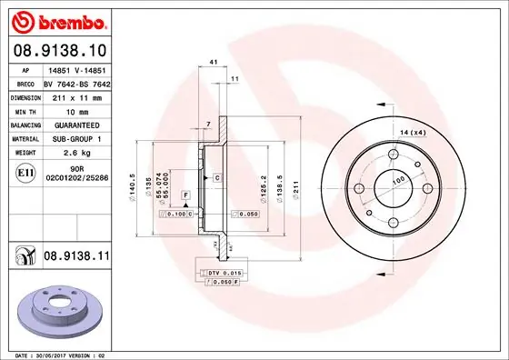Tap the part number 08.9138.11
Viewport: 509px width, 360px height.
(75, 258)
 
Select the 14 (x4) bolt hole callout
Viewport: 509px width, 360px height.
(414, 134)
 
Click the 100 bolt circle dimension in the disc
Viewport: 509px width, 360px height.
(397, 181)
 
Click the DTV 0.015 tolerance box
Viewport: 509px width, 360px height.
(222, 273)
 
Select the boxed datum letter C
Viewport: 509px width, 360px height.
(217, 177)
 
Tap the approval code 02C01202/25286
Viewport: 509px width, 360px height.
(79, 180)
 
